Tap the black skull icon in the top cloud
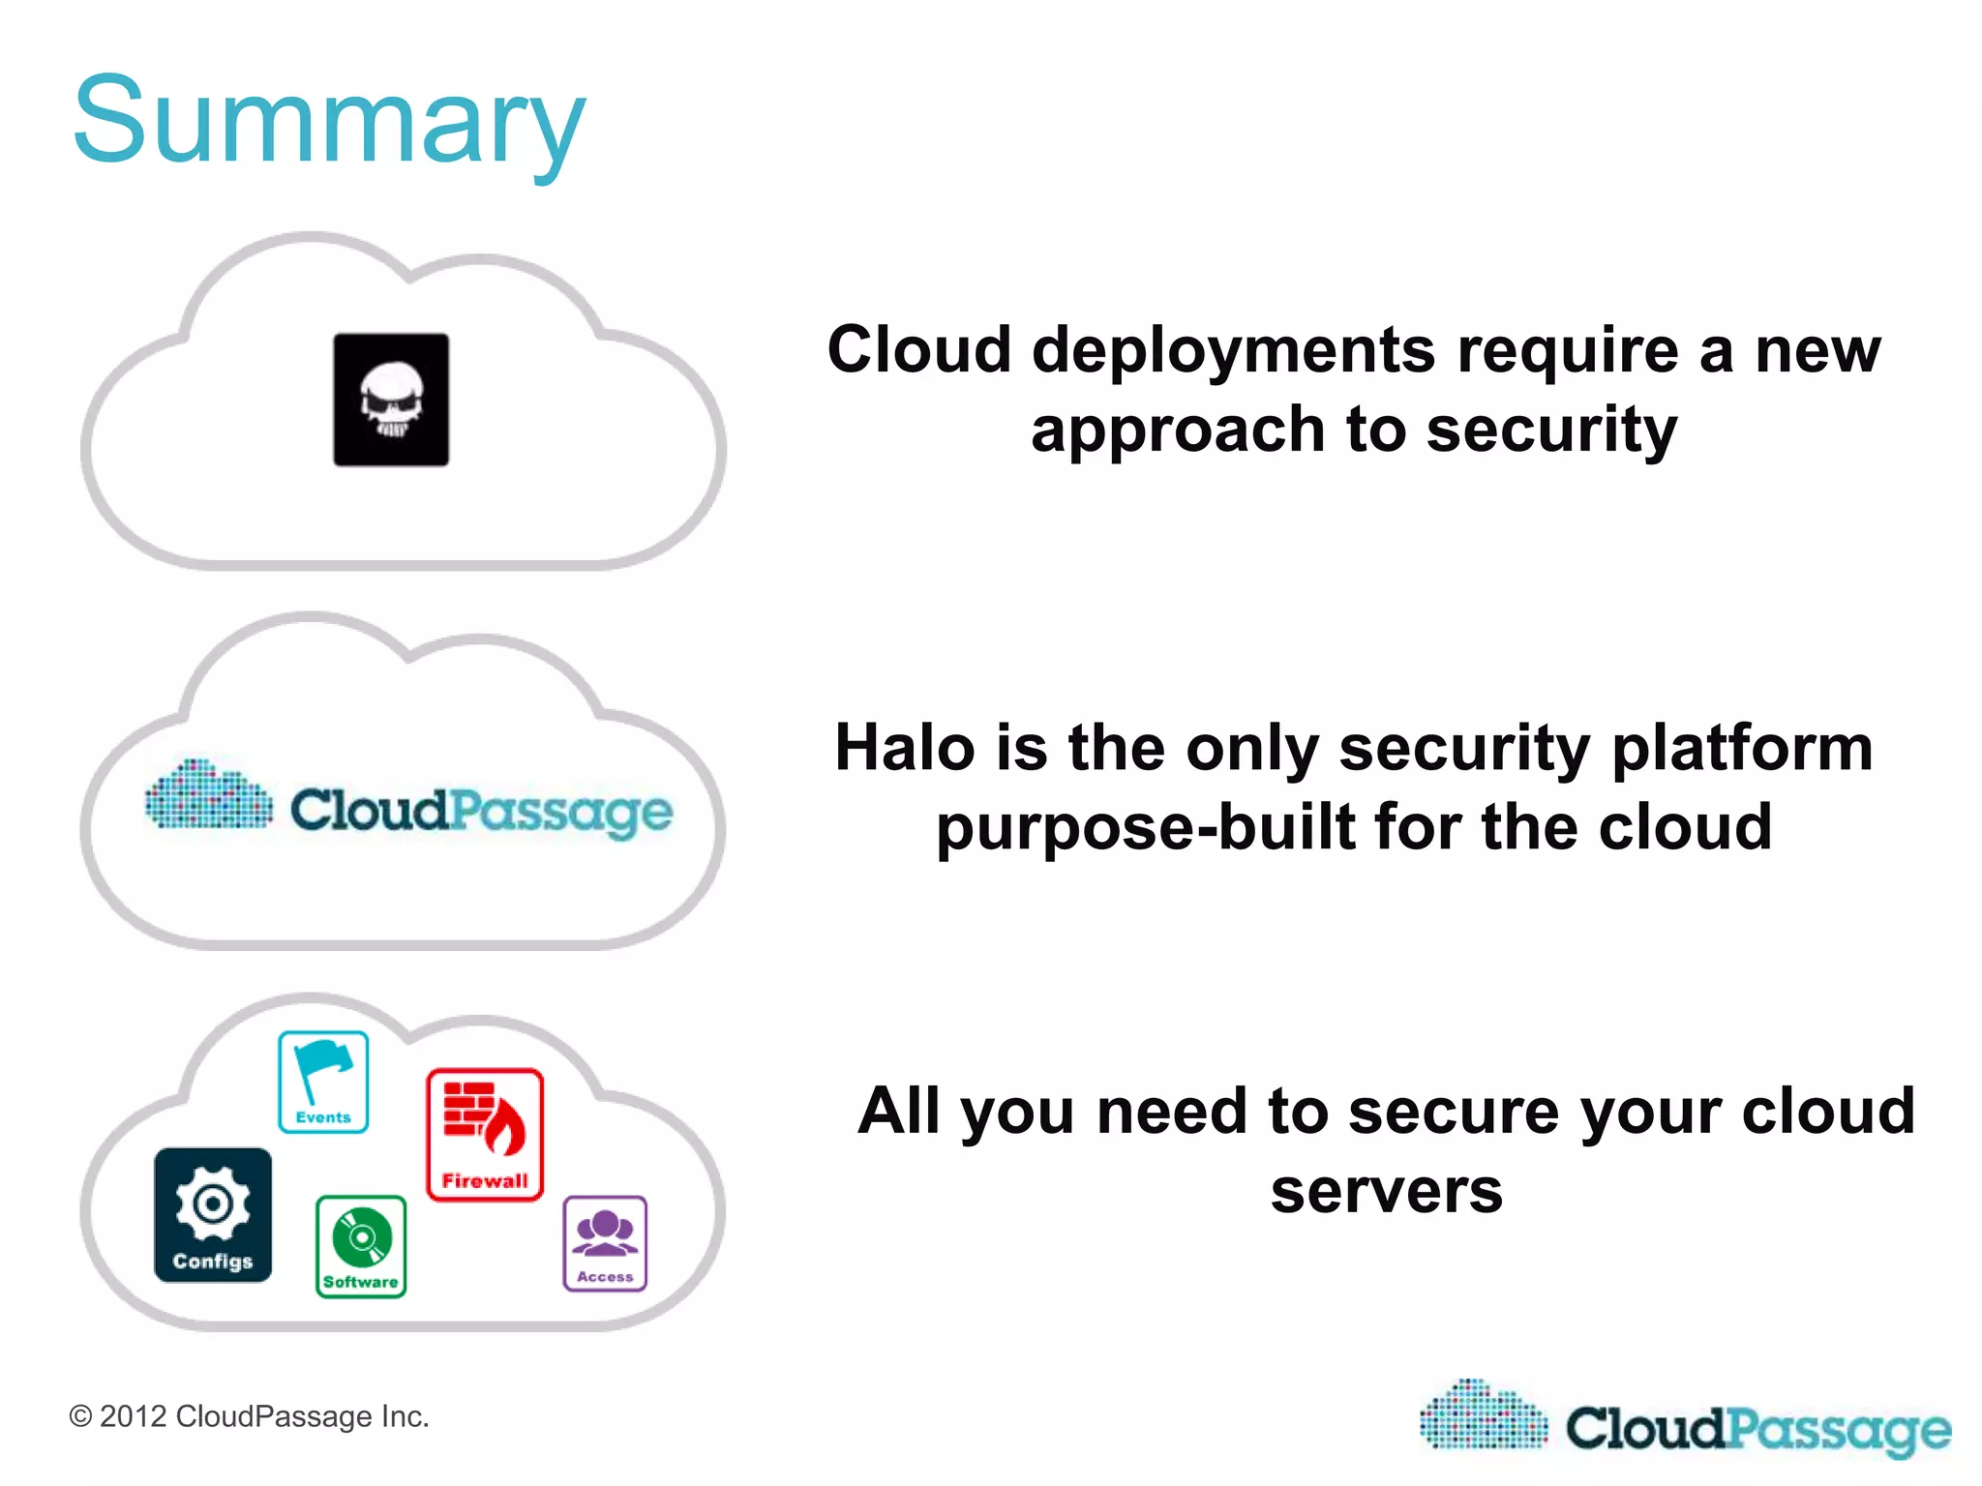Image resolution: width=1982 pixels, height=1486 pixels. pos(391,400)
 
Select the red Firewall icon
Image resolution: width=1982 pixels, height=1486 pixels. pos(485,1134)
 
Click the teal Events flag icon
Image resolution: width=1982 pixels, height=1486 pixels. pos(323,1082)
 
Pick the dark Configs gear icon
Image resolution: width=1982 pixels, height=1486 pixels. pos(213,1214)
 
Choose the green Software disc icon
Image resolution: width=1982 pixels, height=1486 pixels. pos(361,1246)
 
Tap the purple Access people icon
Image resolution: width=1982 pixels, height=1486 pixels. pos(605,1243)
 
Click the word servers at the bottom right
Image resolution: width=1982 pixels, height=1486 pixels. pos(1386,1191)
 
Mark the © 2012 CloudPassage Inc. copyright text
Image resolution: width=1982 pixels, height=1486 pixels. pos(249,1416)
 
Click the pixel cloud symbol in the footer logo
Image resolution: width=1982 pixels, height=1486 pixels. pos(1484,1415)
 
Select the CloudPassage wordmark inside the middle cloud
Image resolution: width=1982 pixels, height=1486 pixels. pos(481,811)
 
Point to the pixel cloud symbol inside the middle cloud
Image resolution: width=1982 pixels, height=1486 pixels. pos(208,795)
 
